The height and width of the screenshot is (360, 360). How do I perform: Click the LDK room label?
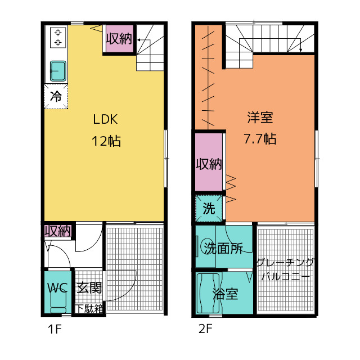105,119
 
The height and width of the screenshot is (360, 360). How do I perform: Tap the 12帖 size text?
106,141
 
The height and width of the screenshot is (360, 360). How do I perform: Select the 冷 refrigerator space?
56,96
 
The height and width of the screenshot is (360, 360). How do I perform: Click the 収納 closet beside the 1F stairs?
119,39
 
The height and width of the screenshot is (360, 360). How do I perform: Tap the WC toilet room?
57,289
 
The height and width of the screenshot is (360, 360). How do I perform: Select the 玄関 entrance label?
89,289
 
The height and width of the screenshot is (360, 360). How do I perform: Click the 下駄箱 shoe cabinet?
90,308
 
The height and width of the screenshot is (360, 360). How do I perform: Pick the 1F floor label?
54,330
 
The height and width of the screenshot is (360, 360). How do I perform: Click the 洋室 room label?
260,118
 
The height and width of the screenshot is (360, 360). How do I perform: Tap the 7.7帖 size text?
260,139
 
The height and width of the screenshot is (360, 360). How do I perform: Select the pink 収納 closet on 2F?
209,164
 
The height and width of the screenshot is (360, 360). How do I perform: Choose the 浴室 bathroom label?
225,294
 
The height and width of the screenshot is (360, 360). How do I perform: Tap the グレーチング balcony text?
285,263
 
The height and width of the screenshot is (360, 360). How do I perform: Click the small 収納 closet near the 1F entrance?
58,231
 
